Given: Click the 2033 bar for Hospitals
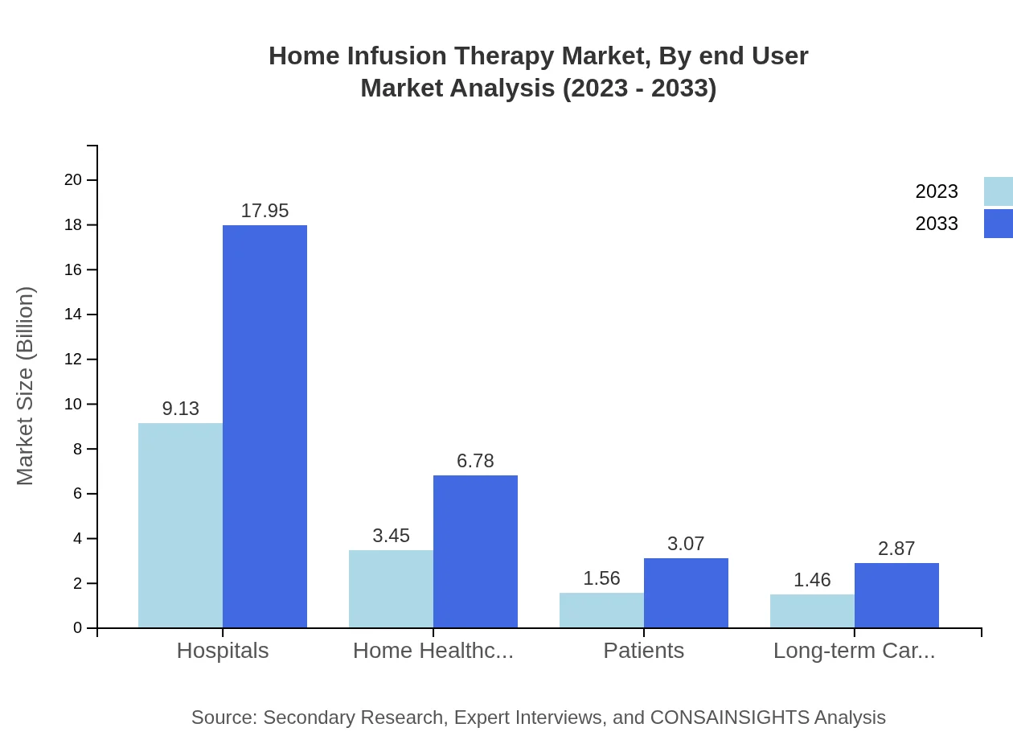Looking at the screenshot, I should click(x=265, y=426).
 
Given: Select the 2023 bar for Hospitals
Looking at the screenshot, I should click(x=180, y=525).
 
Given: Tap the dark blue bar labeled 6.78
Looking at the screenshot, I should click(x=475, y=551).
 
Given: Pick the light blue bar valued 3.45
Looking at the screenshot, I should click(x=391, y=589).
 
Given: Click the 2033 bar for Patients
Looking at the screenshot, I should click(x=686, y=593).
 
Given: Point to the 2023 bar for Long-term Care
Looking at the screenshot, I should click(x=812, y=610).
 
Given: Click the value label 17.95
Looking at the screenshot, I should click(x=265, y=212).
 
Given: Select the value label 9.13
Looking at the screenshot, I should click(x=180, y=409).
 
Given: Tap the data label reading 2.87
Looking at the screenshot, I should click(x=896, y=549).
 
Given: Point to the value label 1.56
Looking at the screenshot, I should click(x=601, y=578).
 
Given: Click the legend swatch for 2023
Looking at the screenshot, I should click(x=998, y=191).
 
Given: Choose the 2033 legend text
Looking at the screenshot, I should click(x=937, y=224).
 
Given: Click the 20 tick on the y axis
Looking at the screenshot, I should click(x=73, y=179).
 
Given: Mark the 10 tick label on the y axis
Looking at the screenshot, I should click(x=73, y=404).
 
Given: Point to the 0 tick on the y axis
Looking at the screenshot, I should click(x=78, y=627).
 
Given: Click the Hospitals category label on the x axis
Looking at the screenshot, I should click(x=223, y=651).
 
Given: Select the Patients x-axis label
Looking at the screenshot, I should click(x=644, y=651).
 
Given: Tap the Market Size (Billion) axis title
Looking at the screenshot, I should click(x=26, y=386).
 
